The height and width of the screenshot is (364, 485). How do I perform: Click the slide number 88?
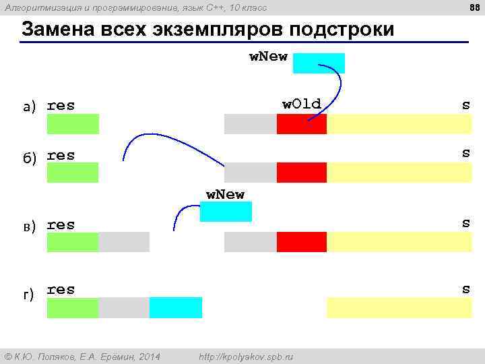click(x=474, y=7)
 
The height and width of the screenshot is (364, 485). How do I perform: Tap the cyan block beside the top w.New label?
click(x=319, y=63)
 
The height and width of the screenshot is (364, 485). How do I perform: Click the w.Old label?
click(x=301, y=104)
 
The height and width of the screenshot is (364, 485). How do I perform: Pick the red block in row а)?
click(x=301, y=124)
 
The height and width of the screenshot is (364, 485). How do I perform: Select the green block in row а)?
click(x=73, y=124)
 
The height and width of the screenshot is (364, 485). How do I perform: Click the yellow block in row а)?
click(x=399, y=124)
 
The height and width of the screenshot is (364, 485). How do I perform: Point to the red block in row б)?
click(x=301, y=173)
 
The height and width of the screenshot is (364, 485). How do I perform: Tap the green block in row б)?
click(x=73, y=173)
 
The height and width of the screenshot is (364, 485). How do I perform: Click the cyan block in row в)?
click(x=226, y=212)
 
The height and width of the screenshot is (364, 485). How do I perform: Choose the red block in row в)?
click(x=301, y=242)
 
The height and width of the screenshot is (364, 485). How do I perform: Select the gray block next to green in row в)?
click(x=124, y=242)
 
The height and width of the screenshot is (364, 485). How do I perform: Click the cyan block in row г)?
click(x=175, y=307)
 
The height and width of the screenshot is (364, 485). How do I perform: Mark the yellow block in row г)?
click(x=399, y=307)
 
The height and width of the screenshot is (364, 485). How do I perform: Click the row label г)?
click(x=29, y=295)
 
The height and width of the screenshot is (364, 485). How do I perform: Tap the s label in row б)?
click(x=465, y=154)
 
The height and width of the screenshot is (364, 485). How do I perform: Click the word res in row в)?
click(x=61, y=224)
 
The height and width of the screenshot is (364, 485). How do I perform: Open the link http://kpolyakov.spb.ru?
click(x=247, y=356)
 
